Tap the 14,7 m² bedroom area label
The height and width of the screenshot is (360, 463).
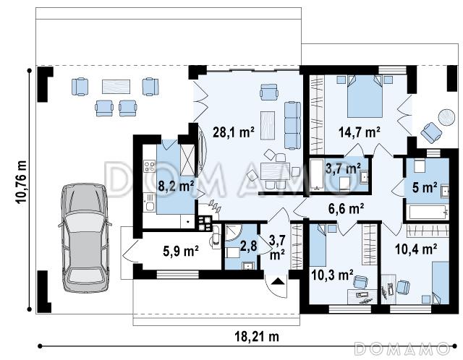click(359, 132)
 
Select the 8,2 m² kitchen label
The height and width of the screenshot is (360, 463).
click(176, 187)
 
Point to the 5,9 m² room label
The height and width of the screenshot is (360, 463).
click(181, 251)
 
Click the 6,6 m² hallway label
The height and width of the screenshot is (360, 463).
click(346, 209)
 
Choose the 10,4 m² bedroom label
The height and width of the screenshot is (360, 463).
click(416, 249)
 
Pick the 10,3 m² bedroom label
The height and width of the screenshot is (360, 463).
click(332, 275)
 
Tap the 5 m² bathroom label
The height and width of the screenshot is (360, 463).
click(425, 187)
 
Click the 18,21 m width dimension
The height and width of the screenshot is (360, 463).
click(257, 336)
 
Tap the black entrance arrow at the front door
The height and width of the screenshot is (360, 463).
click(278, 281)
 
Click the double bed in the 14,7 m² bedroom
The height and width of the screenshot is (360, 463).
click(365, 96)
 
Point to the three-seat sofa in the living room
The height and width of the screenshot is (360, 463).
click(292, 125)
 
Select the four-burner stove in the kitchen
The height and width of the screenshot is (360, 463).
click(149, 166)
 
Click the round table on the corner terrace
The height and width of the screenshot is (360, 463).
click(446, 117)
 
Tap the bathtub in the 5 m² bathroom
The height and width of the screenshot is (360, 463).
click(428, 212)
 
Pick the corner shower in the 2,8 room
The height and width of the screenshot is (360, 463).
click(233, 233)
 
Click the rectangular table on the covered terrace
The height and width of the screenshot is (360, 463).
click(116, 87)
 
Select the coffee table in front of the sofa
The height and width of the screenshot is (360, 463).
click(268, 125)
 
